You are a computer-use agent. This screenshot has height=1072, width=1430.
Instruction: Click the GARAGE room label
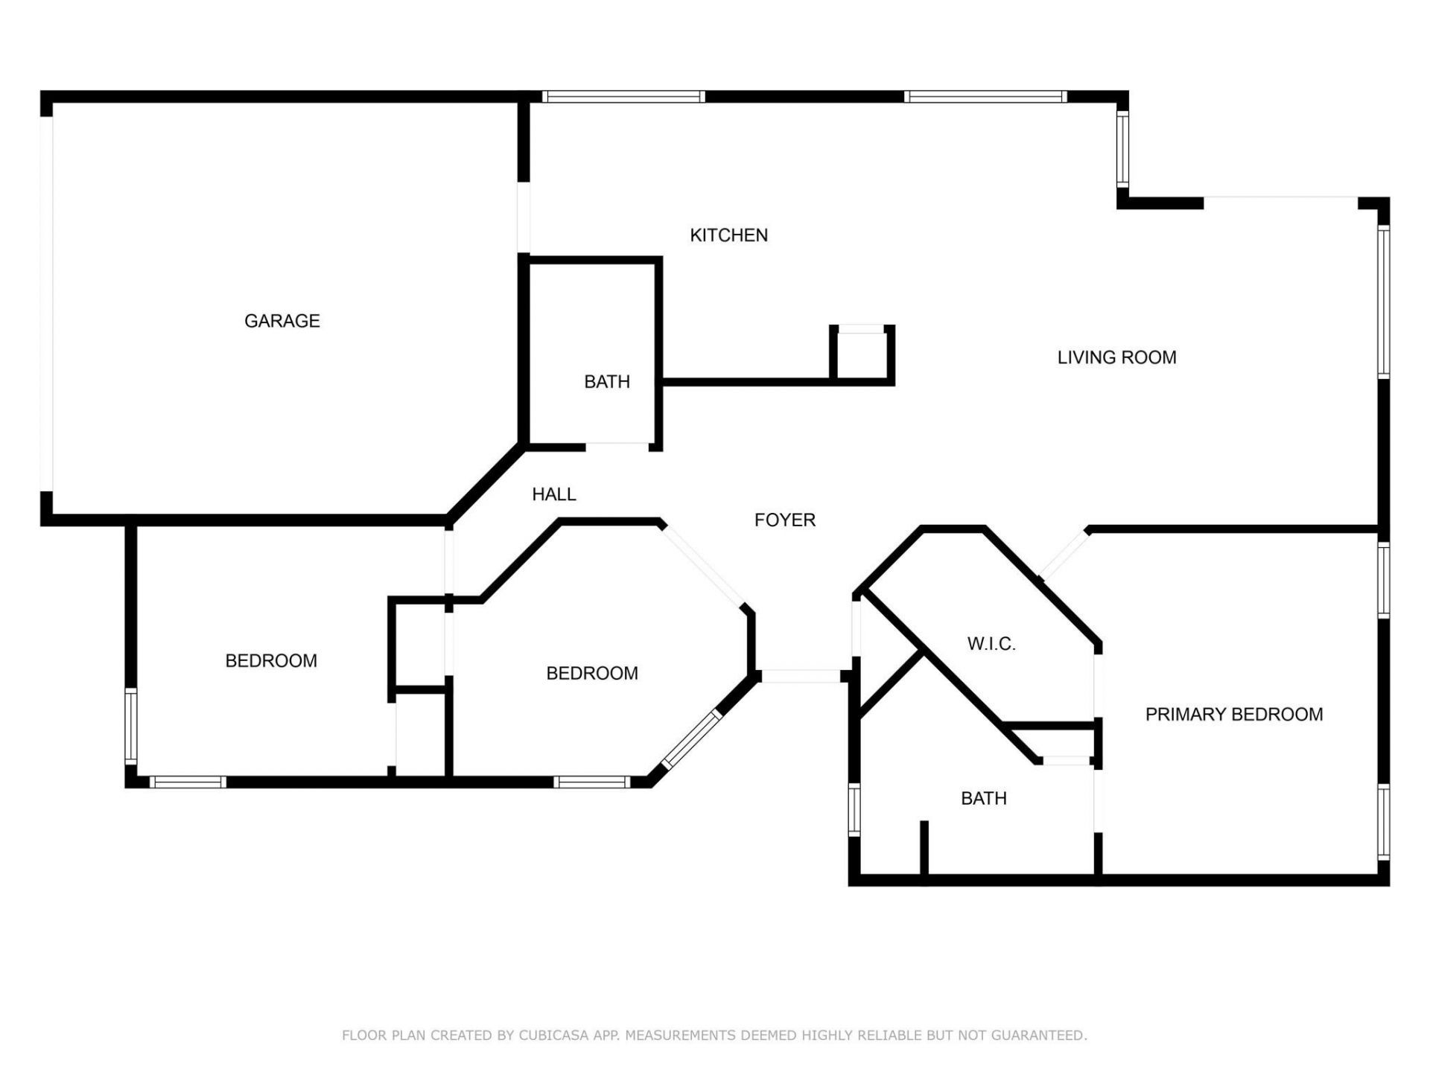[282, 321]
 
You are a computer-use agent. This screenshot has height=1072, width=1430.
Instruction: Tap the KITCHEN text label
[728, 235]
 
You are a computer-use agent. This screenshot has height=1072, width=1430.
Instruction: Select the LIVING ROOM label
[1116, 357]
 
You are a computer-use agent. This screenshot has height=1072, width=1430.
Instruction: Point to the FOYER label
[785, 520]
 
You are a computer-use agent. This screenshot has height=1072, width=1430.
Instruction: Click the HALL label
[553, 494]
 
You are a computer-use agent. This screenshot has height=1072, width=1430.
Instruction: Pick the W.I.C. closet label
[991, 644]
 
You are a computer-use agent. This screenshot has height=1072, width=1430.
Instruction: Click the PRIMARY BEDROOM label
[1234, 715]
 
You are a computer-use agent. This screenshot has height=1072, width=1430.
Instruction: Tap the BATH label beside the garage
[607, 382]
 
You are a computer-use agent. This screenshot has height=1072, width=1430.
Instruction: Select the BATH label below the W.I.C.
[983, 799]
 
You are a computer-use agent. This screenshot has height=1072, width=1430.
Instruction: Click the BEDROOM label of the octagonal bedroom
[592, 674]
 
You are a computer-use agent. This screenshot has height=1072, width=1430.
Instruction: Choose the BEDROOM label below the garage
[271, 661]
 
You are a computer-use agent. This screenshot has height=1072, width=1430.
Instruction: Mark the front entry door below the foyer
[801, 676]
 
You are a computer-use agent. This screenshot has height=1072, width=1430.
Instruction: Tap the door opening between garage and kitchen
[524, 217]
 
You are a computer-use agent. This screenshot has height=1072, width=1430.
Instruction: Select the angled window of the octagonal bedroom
[692, 738]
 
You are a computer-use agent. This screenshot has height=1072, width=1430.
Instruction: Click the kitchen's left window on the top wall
[623, 97]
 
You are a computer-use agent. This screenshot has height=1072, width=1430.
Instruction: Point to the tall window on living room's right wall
[1383, 301]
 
